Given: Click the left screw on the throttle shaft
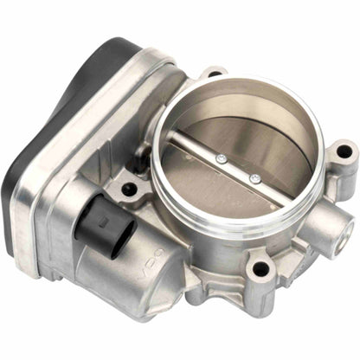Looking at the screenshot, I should tap(222, 159).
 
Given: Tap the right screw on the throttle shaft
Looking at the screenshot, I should tap(254, 179).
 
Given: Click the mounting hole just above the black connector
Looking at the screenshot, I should tap(130, 187).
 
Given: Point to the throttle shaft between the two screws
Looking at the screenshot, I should tap(238, 169).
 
